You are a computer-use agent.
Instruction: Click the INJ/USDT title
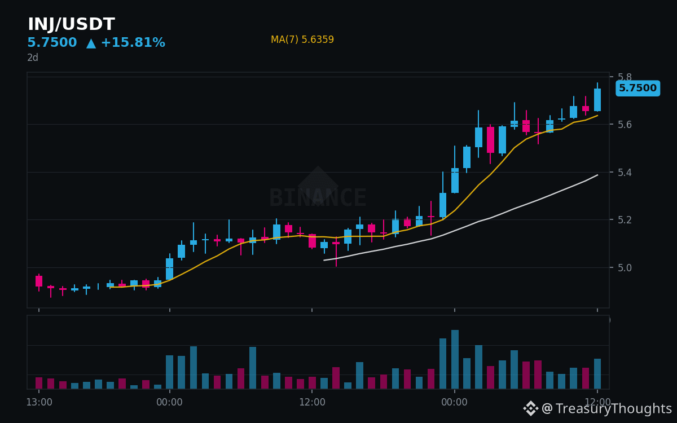[71, 24]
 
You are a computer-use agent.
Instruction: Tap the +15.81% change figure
[133, 42]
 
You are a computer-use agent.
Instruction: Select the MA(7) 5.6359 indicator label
[302, 39]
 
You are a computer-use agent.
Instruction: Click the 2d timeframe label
[33, 58]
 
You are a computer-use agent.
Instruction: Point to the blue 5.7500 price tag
[638, 88]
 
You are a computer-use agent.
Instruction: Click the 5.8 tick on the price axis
[625, 77]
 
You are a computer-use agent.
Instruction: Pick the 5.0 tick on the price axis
[625, 268]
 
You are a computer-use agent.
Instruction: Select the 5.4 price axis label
[625, 173]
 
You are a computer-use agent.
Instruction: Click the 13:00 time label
[39, 402]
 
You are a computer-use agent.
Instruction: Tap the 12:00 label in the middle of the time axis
[312, 402]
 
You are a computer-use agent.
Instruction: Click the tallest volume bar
[455, 359]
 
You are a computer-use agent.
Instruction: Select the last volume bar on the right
[597, 374]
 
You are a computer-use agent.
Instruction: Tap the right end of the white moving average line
[598, 175]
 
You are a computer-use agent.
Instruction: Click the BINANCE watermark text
[318, 197]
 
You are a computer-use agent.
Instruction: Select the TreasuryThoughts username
[614, 408]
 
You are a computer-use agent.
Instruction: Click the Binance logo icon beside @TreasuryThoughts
[531, 408]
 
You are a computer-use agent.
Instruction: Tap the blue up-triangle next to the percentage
[91, 43]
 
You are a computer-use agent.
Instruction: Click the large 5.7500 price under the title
[52, 42]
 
